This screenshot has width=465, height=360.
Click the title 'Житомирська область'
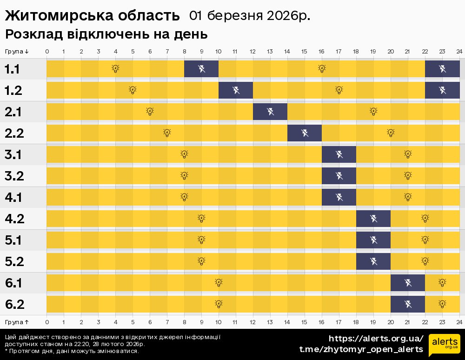point(92,16)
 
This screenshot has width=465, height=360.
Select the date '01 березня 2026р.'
point(250,16)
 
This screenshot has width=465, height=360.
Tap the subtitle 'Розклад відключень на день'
point(106,34)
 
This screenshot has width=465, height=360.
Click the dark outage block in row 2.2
point(305,133)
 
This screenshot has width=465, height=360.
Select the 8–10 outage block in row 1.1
point(201,69)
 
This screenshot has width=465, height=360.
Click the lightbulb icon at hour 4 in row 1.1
point(115,69)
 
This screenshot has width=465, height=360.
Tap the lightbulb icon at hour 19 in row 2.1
point(373,112)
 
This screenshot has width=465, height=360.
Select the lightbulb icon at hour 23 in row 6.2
point(442,304)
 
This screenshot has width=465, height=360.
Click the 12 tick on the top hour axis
point(253,51)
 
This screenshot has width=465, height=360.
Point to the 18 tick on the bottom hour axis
point(356,322)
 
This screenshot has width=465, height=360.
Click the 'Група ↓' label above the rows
point(17,51)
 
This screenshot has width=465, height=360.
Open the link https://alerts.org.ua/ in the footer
point(376,338)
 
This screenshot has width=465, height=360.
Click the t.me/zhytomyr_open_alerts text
point(361,349)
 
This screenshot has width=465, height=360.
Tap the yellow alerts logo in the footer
point(444,345)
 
